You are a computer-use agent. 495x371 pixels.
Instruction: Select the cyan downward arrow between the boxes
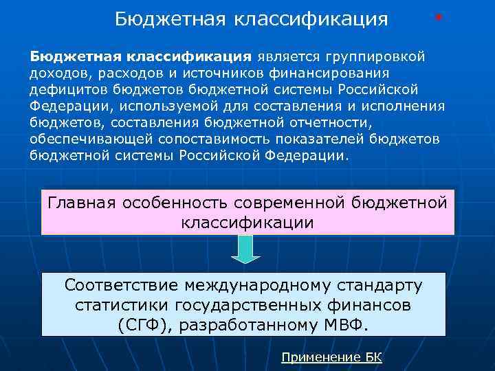click(x=245, y=249)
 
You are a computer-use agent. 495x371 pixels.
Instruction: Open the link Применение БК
click(x=332, y=357)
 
